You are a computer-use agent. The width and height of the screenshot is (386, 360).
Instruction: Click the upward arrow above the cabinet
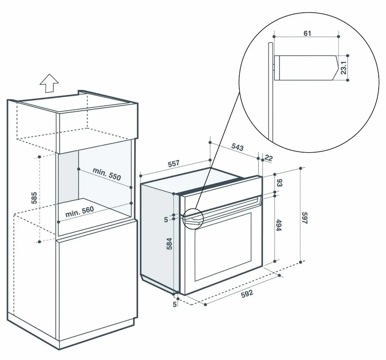click(x=49, y=83)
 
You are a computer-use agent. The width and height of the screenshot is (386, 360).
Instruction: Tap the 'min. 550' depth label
click(x=107, y=174)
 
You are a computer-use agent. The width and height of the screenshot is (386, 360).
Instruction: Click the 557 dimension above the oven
click(x=174, y=164)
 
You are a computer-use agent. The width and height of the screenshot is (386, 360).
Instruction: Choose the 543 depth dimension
click(x=237, y=147)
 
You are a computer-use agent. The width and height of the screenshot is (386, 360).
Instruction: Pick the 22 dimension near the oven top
click(x=269, y=158)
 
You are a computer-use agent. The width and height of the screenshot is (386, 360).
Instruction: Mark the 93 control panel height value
click(x=279, y=183)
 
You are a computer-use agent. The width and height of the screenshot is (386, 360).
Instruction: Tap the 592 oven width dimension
click(x=247, y=293)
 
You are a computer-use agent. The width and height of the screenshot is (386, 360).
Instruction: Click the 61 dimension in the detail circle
click(x=307, y=33)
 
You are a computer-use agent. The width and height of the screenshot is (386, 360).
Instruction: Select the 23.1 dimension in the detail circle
click(x=343, y=68)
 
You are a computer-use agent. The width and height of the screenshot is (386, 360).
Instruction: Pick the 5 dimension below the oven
click(x=174, y=305)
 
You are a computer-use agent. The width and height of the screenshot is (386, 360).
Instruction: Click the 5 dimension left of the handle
click(x=166, y=219)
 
